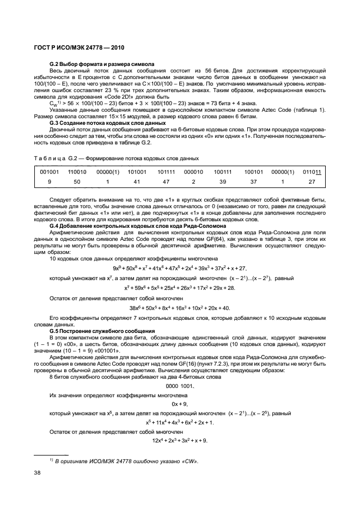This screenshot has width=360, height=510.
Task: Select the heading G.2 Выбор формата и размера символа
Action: (x=102, y=64)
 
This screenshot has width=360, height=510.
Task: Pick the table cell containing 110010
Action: (x=77, y=172)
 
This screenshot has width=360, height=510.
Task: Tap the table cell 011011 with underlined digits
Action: (x=312, y=172)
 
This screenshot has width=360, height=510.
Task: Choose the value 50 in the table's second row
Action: (x=77, y=182)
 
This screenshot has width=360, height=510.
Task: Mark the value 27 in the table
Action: (x=312, y=182)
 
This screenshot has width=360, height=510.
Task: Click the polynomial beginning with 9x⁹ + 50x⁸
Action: (x=180, y=268)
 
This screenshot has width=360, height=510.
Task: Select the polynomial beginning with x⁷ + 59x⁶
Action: (x=180, y=288)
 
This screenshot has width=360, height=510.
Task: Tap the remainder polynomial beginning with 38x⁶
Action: (x=180, y=308)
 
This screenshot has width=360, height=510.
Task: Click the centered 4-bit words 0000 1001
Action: (x=180, y=386)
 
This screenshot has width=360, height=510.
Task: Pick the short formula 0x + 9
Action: (x=180, y=404)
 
